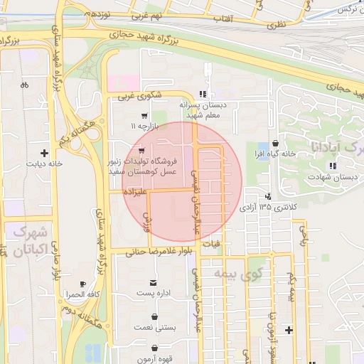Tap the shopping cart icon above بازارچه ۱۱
[x=145, y=115]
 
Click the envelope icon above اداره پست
[x=145, y=283]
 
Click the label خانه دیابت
[x=45, y=163]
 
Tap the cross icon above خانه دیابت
[x=45, y=152]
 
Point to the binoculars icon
[x=24, y=85]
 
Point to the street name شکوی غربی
[x=136, y=95]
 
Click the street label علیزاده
[x=134, y=192]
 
